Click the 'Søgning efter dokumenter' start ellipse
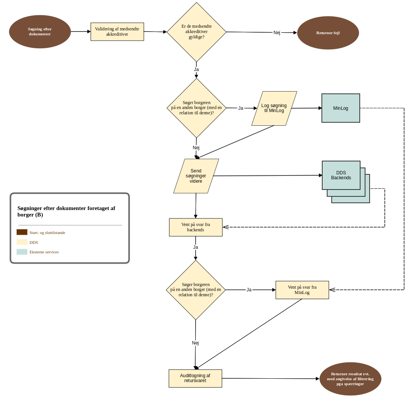(40, 32)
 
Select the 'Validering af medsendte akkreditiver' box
(117, 32)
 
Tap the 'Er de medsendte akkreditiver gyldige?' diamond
(196, 32)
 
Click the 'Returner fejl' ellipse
(328, 33)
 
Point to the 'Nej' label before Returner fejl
(277, 33)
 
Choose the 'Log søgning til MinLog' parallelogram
(274, 108)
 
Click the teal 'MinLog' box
(340, 108)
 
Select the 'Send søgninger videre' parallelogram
(196, 176)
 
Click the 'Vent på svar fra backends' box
(196, 227)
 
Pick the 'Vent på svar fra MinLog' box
(302, 290)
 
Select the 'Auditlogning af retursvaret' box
(195, 378)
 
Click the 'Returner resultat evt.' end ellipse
(350, 379)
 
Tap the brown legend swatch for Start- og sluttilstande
(22, 232)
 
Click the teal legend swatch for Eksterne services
(22, 252)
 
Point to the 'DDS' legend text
(34, 242)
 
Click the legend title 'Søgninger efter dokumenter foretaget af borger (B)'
(66, 212)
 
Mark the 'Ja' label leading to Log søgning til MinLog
(241, 108)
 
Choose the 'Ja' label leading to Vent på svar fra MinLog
(249, 290)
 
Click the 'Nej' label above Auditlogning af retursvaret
(195, 343)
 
